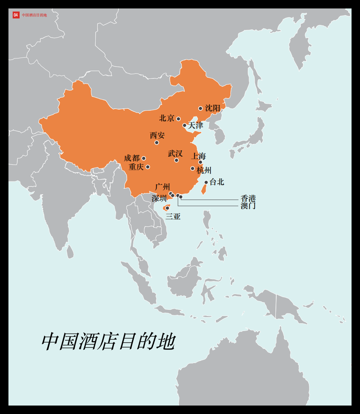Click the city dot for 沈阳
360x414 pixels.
click(200, 108)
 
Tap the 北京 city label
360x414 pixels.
click(167, 118)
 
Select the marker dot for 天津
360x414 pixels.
click(184, 125)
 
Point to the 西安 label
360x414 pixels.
click(157, 135)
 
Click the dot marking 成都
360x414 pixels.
click(144, 158)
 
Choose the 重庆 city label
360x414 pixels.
click(136, 167)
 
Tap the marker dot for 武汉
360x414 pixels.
click(176, 160)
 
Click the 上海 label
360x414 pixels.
click(199, 156)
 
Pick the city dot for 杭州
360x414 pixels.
click(192, 168)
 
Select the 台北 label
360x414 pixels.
click(217, 182)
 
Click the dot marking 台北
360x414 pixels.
click(206, 182)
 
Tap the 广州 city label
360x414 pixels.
click(163, 187)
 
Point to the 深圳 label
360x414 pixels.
click(159, 198)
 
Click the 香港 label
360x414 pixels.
click(248, 198)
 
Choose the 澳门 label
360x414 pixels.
click(248, 206)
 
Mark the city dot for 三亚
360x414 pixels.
click(167, 208)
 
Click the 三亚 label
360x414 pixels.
click(173, 216)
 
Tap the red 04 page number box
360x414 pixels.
click(16, 15)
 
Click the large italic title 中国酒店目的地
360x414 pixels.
click(108, 341)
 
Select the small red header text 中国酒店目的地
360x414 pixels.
click(34, 15)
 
